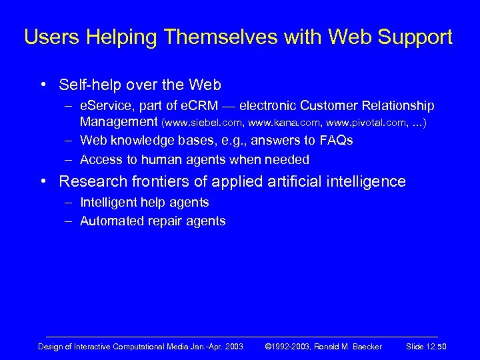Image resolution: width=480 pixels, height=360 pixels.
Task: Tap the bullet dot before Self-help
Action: click(x=43, y=85)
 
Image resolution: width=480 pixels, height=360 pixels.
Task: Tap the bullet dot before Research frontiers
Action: click(x=43, y=181)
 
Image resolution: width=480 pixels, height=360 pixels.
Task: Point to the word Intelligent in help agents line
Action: click(x=105, y=202)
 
